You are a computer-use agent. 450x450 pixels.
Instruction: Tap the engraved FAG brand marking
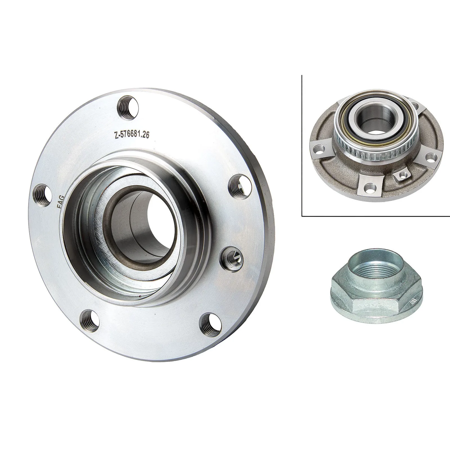[61, 201]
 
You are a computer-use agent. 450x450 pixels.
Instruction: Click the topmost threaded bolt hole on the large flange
[128, 108]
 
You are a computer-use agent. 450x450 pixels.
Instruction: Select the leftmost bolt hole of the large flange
[42, 195]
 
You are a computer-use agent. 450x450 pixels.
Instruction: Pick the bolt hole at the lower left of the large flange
[90, 321]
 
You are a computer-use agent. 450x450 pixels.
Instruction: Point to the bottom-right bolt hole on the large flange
[210, 324]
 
